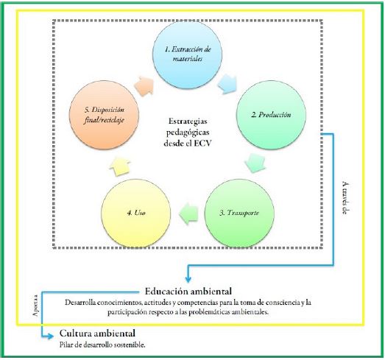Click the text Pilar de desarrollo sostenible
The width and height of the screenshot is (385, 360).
(103, 345)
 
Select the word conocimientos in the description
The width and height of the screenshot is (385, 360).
(121, 302)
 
